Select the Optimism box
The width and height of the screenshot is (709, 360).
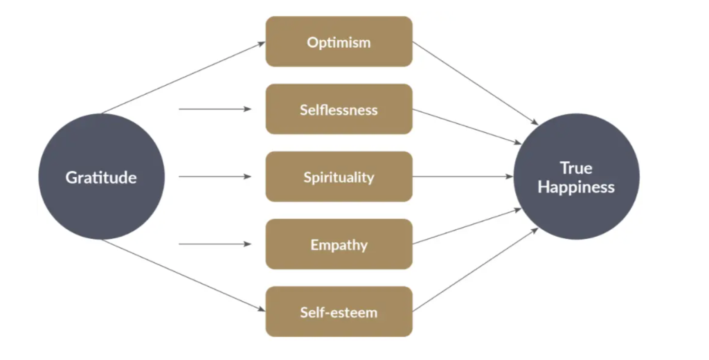[x=339, y=42]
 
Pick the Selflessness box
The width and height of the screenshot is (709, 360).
[x=339, y=109]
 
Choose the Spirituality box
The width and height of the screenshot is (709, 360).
[x=339, y=177]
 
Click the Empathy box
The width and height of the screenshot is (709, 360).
[x=339, y=244]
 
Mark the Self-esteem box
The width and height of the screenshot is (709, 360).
[x=339, y=312]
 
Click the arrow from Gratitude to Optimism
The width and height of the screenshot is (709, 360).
[x=183, y=78]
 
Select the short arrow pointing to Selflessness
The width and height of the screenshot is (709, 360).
[x=215, y=109]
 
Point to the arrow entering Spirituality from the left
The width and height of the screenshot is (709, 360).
[x=215, y=177]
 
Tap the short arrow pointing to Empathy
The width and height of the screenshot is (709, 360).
[x=215, y=244]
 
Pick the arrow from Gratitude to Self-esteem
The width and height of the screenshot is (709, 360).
[x=183, y=276]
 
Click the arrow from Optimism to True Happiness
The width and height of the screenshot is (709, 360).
[x=475, y=83]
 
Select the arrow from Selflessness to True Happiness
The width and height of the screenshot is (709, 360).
[x=467, y=126]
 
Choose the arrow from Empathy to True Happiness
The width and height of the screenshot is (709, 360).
[x=467, y=226]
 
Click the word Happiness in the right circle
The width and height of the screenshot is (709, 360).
[x=576, y=187]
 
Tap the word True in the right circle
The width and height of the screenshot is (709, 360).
[x=576, y=168]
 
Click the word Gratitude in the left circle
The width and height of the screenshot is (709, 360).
[x=101, y=177]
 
